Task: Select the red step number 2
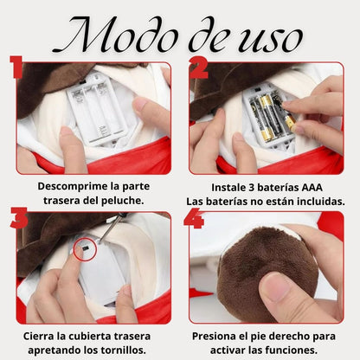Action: (199, 67)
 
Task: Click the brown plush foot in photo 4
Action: (257, 277)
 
